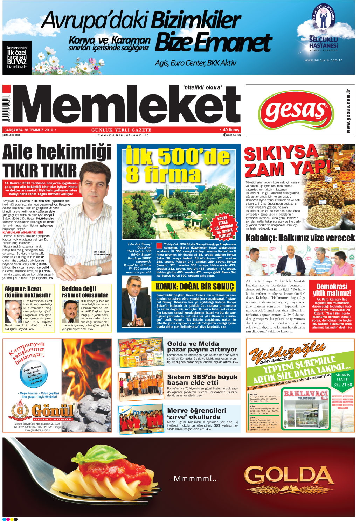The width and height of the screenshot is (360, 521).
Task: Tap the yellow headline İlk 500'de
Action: (178, 156)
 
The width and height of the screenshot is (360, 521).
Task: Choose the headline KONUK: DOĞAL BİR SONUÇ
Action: (194, 287)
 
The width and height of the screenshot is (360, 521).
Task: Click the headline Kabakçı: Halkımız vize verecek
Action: (300, 238)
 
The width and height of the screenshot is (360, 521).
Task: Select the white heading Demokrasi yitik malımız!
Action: (332, 290)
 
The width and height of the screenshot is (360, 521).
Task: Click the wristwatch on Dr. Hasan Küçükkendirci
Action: (99, 270)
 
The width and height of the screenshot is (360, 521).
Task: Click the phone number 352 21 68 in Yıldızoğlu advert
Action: (342, 385)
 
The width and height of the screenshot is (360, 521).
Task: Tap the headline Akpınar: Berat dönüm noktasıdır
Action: (28, 292)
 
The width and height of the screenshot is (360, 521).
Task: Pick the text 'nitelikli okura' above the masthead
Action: (202, 87)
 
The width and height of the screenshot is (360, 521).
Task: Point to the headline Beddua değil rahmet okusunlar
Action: (85, 292)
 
